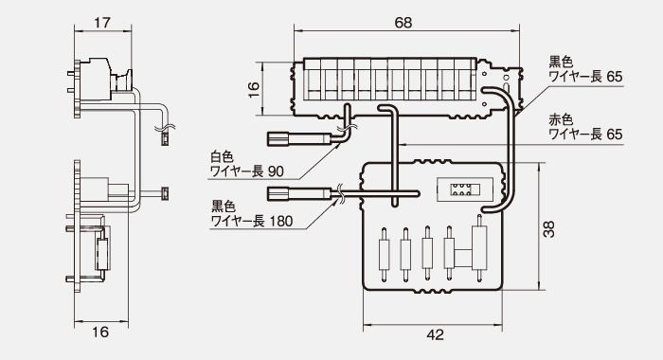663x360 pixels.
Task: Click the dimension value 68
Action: (403, 23)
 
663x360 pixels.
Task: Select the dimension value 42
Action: (435, 335)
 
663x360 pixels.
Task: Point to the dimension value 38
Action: (548, 229)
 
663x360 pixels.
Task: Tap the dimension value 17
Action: (102, 23)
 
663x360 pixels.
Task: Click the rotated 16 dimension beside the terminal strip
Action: (253, 90)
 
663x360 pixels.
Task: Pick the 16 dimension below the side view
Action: (100, 333)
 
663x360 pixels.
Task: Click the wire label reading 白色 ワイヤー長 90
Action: (247, 164)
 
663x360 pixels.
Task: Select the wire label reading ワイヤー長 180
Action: (252, 221)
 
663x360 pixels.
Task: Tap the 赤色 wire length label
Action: (585, 127)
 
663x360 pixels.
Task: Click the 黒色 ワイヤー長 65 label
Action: (585, 69)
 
